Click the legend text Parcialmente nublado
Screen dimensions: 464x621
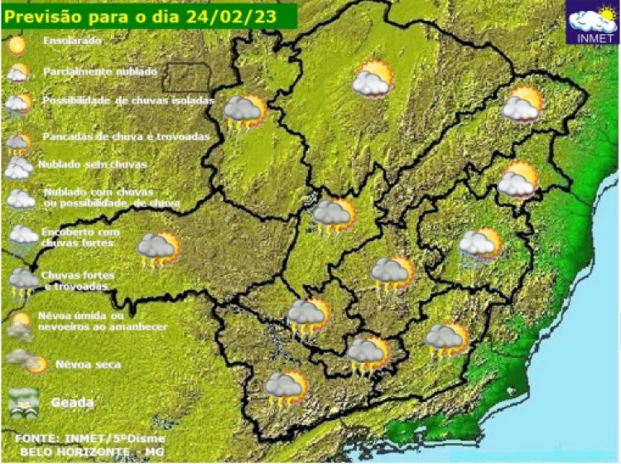click(x=100, y=71)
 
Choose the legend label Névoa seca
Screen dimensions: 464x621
click(x=88, y=364)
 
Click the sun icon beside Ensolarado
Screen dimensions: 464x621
click(x=17, y=43)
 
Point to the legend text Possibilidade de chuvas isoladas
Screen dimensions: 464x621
click(x=128, y=100)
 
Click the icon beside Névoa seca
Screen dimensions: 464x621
click(x=26, y=361)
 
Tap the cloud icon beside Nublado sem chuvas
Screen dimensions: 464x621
click(x=18, y=168)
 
